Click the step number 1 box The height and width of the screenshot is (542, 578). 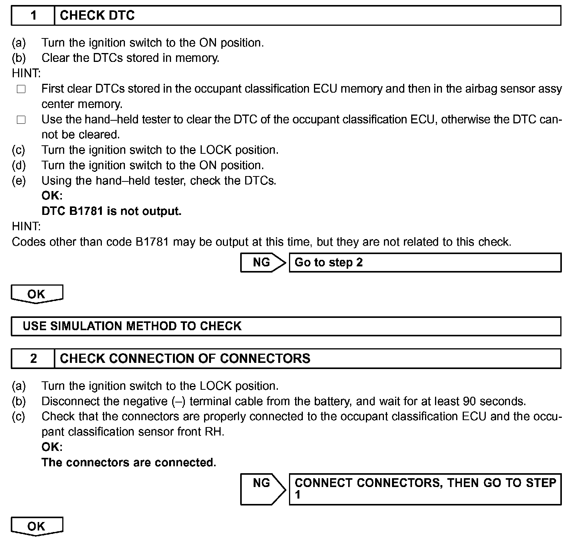point(33,16)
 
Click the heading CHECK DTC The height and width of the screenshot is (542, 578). point(97,16)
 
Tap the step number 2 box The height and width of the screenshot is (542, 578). point(33,359)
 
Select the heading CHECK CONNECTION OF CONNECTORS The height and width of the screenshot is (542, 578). point(185,359)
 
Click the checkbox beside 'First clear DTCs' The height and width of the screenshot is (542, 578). point(21,89)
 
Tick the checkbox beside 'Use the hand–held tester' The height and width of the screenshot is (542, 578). point(21,120)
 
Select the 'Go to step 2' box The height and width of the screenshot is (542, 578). point(425,263)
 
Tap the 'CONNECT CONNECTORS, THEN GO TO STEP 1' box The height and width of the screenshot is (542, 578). point(425,489)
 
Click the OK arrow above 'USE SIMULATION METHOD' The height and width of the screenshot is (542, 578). point(37,294)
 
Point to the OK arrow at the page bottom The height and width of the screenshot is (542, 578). point(37,526)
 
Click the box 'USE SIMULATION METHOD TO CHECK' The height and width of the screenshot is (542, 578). point(286,326)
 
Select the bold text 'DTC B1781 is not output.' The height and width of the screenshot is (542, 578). point(111,211)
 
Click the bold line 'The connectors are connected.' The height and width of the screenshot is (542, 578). point(129,462)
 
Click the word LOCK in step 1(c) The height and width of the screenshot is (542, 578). point(216,150)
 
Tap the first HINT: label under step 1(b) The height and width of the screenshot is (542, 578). point(26,73)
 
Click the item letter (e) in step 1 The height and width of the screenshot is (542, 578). point(19,181)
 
